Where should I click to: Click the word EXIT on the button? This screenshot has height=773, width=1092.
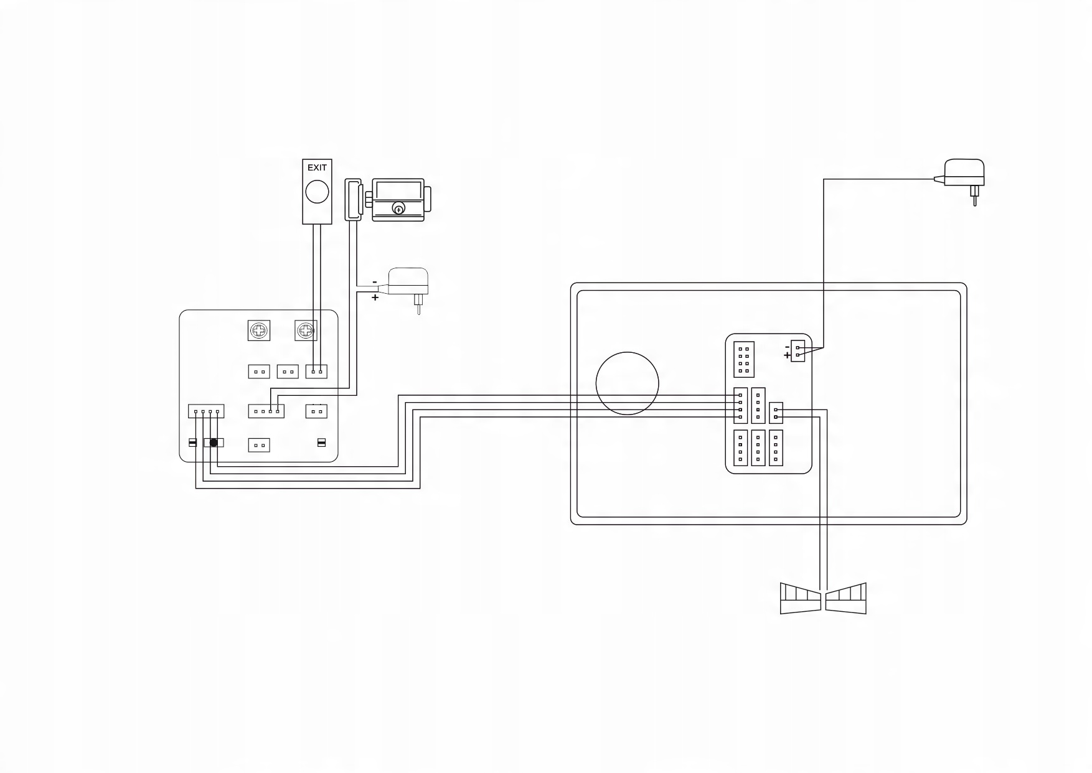click(317, 167)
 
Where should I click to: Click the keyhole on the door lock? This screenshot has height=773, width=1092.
click(398, 209)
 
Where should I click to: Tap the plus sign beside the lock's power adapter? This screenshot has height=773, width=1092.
click(375, 298)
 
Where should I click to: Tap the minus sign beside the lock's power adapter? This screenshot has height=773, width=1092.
click(375, 283)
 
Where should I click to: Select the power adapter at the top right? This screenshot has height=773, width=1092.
click(964, 172)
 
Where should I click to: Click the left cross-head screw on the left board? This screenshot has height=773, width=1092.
click(259, 330)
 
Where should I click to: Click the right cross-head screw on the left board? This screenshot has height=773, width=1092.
click(306, 330)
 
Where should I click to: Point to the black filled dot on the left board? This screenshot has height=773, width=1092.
click(214, 443)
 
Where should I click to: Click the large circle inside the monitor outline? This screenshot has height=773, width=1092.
click(627, 383)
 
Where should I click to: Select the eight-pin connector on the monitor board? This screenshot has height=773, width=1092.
click(744, 359)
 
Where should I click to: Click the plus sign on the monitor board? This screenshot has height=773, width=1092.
click(788, 356)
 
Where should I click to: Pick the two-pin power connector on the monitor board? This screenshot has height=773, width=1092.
click(798, 351)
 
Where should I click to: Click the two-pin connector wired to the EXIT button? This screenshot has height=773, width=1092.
click(316, 372)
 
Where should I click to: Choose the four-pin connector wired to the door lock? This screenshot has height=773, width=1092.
click(266, 411)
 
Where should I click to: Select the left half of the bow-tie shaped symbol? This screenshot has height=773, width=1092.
click(801, 598)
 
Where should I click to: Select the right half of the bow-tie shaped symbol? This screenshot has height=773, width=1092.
click(845, 598)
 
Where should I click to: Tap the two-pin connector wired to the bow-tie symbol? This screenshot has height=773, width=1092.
click(776, 413)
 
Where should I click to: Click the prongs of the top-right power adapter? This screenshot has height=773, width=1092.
click(974, 195)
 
